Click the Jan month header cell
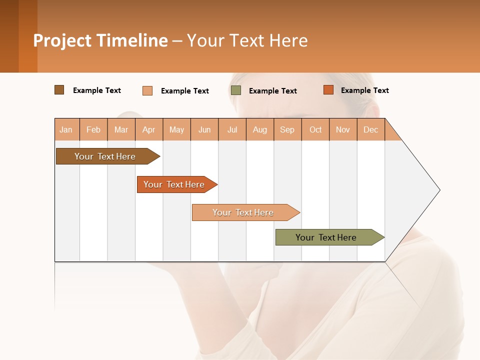pyautogui.click(x=66, y=129)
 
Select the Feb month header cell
pyautogui.click(x=93, y=129)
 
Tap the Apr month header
pyautogui.click(x=149, y=129)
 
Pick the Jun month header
pyautogui.click(x=204, y=129)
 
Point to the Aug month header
pyautogui.click(x=260, y=129)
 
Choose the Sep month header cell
pyautogui.click(x=287, y=129)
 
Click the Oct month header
pyautogui.click(x=315, y=129)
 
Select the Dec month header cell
pyautogui.click(x=371, y=129)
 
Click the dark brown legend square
pyautogui.click(x=59, y=90)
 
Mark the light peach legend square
pyautogui.click(x=147, y=90)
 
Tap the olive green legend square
pyautogui.click(x=236, y=90)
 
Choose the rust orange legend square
pyautogui.click(x=328, y=90)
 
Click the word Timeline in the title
pyautogui.click(x=131, y=40)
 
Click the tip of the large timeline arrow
pyautogui.click(x=438, y=190)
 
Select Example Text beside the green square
pyautogui.click(x=272, y=90)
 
